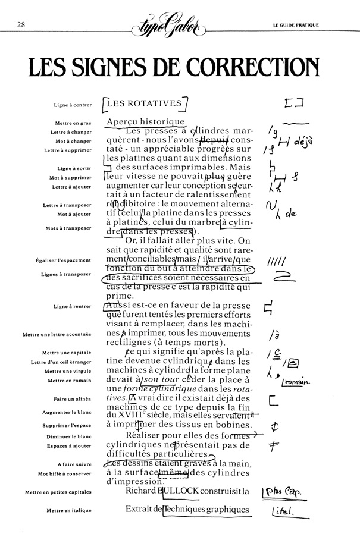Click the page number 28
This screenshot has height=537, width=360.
pos(21,25)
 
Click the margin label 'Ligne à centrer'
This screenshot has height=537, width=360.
pos(73,106)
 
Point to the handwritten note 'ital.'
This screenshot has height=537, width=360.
pos(283,511)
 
